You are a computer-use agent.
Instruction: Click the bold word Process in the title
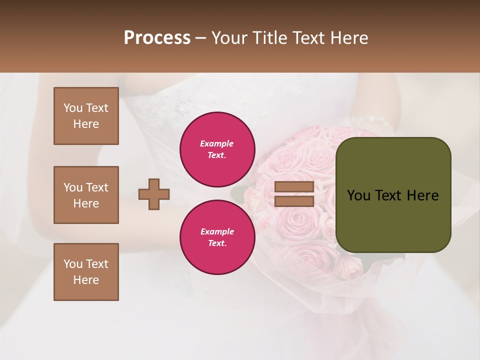pyautogui.click(x=157, y=38)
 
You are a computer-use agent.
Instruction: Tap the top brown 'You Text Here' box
pyautogui.click(x=86, y=116)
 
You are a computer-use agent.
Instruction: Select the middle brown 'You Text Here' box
pyautogui.click(x=86, y=195)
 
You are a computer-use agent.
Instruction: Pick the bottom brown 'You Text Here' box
pyautogui.click(x=86, y=272)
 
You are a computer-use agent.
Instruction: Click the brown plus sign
pyautogui.click(x=154, y=194)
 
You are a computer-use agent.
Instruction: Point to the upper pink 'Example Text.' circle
pyautogui.click(x=217, y=149)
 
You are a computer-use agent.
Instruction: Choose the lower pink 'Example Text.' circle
pyautogui.click(x=217, y=237)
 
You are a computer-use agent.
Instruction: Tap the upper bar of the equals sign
pyautogui.click(x=294, y=186)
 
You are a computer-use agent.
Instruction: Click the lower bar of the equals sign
pyautogui.click(x=294, y=201)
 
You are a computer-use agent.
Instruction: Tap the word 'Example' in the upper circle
pyautogui.click(x=217, y=143)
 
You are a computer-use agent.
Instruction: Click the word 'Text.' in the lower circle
pyautogui.click(x=217, y=243)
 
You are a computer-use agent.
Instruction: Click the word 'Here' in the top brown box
pyautogui.click(x=86, y=124)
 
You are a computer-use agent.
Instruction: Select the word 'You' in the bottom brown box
pyautogui.click(x=73, y=264)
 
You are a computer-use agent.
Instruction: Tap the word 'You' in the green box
pyautogui.click(x=358, y=195)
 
